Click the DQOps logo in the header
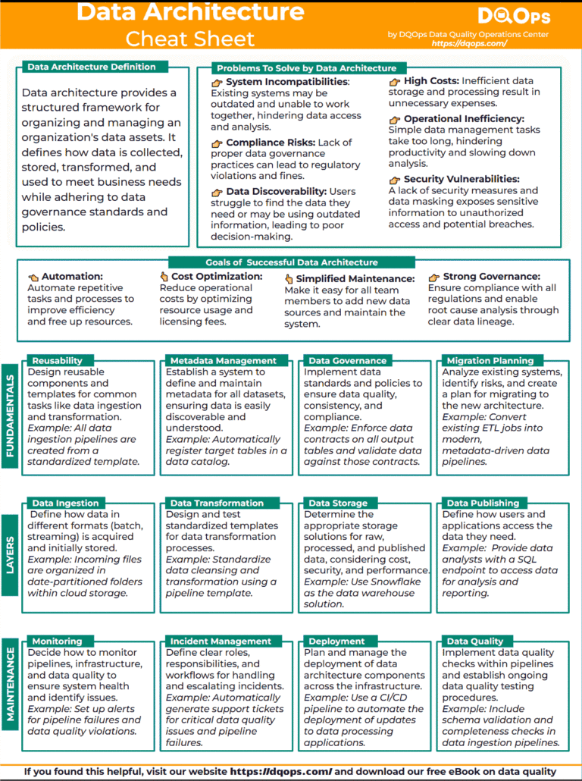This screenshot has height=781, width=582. [x=514, y=16]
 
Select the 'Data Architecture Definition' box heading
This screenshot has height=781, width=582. [x=91, y=67]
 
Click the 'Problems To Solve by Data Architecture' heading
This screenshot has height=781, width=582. [x=306, y=68]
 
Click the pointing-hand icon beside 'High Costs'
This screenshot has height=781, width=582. [x=395, y=81]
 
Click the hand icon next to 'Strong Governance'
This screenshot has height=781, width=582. [x=433, y=277]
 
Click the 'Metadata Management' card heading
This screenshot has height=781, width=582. [x=223, y=361]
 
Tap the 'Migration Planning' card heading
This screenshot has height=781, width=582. [x=490, y=361]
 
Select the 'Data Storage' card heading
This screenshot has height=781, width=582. [x=337, y=503]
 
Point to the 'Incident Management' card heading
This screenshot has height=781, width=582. [x=220, y=641]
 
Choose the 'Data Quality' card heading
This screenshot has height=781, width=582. [x=474, y=641]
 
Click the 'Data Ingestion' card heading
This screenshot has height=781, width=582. [x=65, y=503]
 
